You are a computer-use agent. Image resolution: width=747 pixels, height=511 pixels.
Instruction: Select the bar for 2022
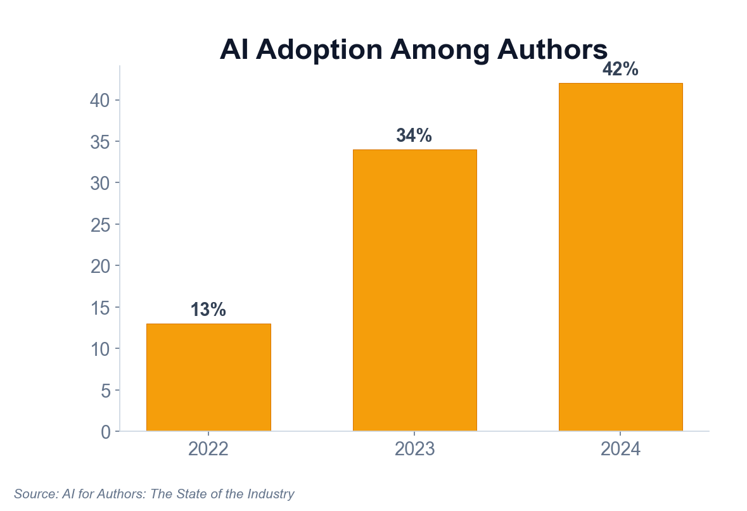coord(208,377)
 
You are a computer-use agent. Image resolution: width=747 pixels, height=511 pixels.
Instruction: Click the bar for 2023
coord(414,290)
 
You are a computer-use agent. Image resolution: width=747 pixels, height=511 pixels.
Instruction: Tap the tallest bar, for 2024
coord(620,257)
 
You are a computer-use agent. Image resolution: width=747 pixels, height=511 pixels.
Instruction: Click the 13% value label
coord(208,310)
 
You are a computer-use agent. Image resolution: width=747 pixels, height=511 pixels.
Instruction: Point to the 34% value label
coord(414,136)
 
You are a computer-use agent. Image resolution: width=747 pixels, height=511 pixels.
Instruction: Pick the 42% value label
coord(620,70)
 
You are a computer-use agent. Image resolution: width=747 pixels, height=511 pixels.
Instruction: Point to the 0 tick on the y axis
coord(106,432)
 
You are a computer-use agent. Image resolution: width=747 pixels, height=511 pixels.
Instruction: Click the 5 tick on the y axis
coord(106,391)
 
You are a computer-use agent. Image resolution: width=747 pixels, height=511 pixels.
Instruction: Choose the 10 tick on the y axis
coord(101,349)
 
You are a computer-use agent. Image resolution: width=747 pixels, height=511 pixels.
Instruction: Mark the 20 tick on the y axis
coord(101,266)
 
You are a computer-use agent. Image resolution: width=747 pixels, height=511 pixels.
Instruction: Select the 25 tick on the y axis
coord(101,225)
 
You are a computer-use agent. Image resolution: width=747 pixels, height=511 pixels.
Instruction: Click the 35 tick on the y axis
coord(101,142)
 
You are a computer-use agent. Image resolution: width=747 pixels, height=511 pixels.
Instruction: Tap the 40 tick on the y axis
coord(101,101)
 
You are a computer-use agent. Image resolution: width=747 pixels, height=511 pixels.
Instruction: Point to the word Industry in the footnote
coord(272,494)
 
